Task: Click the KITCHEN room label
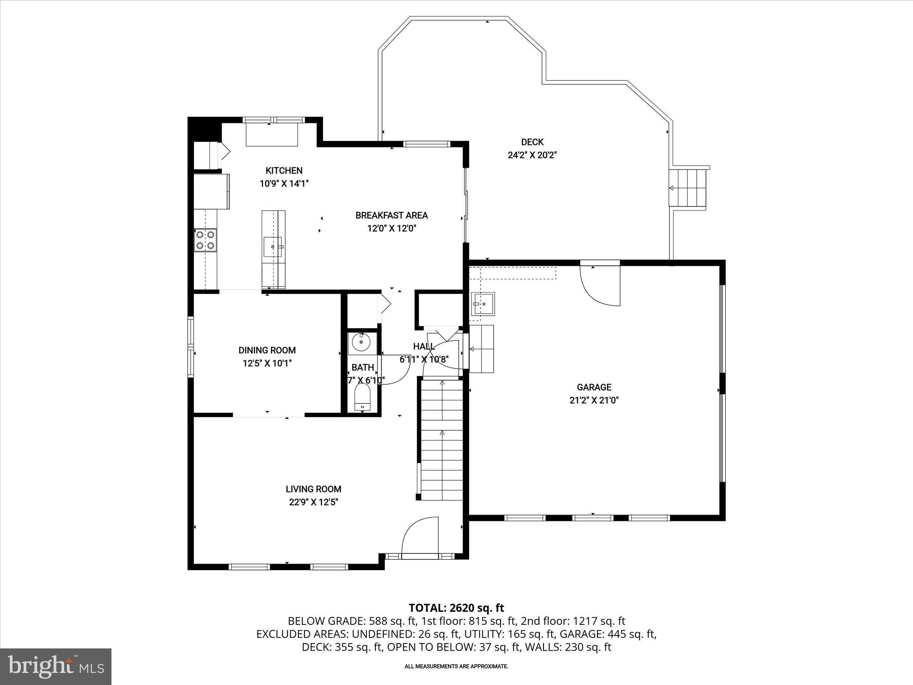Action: [x=284, y=170]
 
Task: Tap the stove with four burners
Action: [x=206, y=240]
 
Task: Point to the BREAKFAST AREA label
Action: [x=391, y=215]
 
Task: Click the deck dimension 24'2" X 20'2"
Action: [x=532, y=155]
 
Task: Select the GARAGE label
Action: [x=594, y=387]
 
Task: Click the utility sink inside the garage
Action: [x=483, y=304]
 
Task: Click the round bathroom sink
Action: [x=361, y=343]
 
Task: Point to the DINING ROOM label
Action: [x=267, y=350]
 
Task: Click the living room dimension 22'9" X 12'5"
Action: [x=313, y=502]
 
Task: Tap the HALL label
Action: [x=424, y=347]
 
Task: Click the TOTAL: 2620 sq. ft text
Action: [x=456, y=608]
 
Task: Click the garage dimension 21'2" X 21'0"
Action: [x=594, y=400]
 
